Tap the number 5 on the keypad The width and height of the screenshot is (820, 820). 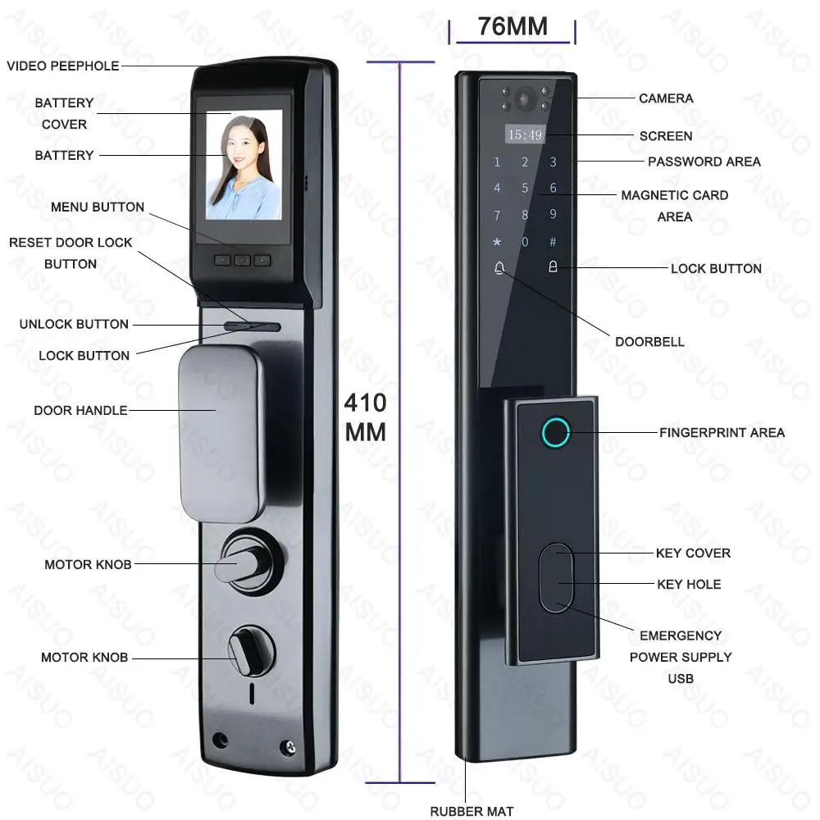tap(525, 188)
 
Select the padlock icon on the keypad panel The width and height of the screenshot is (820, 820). tap(553, 267)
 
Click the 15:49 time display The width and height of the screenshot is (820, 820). tap(525, 134)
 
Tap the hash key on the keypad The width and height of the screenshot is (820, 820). tap(553, 242)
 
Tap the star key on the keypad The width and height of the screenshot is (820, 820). tap(496, 242)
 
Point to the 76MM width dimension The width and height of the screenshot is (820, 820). tap(512, 26)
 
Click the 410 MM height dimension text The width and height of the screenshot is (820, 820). tap(365, 417)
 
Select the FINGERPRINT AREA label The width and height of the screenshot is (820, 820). tap(722, 432)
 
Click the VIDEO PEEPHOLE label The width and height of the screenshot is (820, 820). tap(63, 66)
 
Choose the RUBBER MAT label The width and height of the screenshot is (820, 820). tap(471, 812)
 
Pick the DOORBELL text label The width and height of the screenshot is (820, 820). tap(649, 341)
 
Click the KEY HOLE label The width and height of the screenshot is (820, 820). tap(689, 584)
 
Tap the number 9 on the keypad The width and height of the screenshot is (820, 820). tap(553, 215)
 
